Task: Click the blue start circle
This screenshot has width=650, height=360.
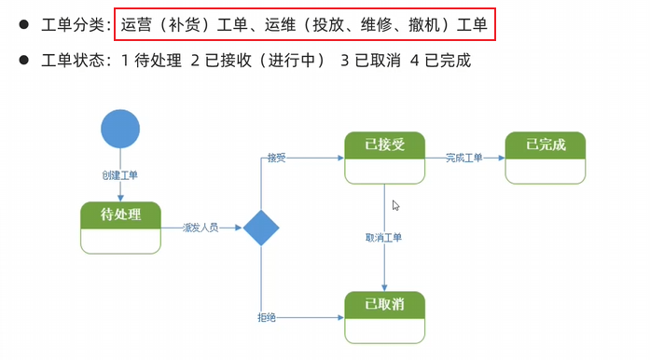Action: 120,129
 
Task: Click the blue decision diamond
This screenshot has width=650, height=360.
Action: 261,228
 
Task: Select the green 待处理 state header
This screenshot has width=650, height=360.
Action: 120,215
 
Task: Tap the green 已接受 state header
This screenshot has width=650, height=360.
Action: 384,145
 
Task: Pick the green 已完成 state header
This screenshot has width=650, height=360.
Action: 546,145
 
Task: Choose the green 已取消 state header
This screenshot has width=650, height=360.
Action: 384,305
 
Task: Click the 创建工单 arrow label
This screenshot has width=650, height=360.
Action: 120,174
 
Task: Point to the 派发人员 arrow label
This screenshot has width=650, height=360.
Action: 201,228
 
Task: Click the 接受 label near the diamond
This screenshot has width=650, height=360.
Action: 276,158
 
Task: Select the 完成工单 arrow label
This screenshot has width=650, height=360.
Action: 463,158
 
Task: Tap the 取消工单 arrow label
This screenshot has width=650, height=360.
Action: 384,238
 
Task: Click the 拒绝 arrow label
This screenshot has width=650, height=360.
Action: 267,318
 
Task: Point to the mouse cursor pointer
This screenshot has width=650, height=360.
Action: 395,205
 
